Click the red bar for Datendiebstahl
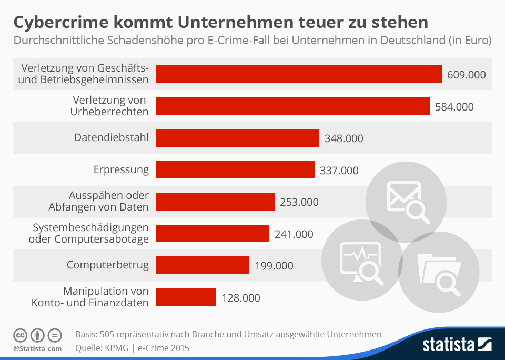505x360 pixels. [238, 138]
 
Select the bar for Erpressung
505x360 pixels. [235, 170]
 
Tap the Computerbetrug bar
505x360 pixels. [203, 265]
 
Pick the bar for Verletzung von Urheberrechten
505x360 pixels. [293, 106]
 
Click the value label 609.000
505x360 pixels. [466, 75]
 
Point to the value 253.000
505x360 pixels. [299, 202]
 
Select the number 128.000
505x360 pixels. [241, 298]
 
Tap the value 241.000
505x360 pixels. [294, 234]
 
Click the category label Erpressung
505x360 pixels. [121, 170]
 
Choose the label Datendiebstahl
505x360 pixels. [111, 138]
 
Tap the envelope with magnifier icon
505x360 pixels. [406, 199]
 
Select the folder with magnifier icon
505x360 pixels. [438, 271]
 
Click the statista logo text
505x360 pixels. [449, 345]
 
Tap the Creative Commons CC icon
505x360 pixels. [21, 335]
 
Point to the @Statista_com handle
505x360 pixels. [37, 348]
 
